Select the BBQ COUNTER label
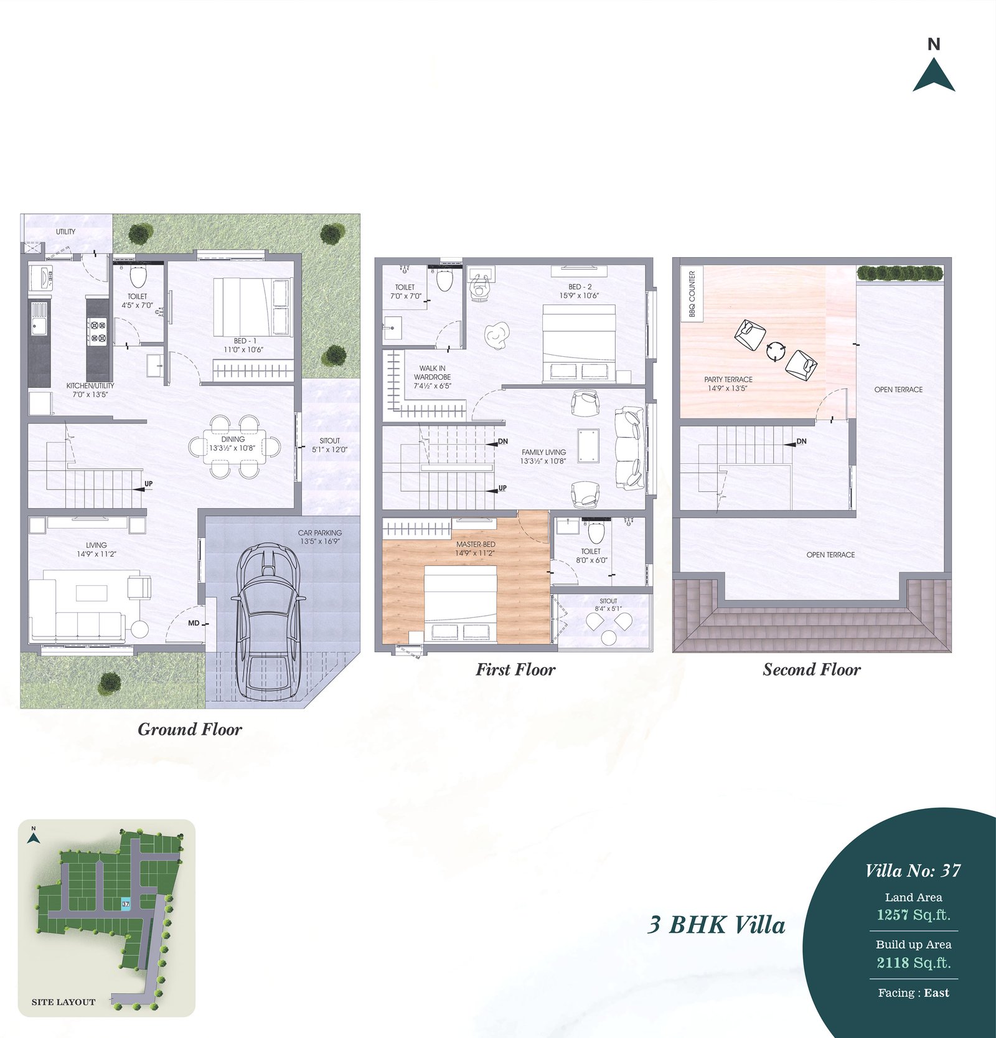click(692, 294)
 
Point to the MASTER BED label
click(476, 544)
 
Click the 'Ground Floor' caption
click(190, 729)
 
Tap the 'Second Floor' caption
click(812, 669)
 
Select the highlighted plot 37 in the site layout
click(126, 904)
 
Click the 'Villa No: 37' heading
click(913, 871)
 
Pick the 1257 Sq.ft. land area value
click(913, 915)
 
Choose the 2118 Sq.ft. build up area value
click(913, 963)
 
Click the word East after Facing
click(937, 993)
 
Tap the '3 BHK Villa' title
click(716, 925)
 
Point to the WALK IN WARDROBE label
click(433, 372)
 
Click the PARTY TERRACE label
click(728, 379)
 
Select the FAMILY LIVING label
click(544, 452)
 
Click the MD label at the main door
click(194, 623)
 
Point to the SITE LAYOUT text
click(63, 1002)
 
